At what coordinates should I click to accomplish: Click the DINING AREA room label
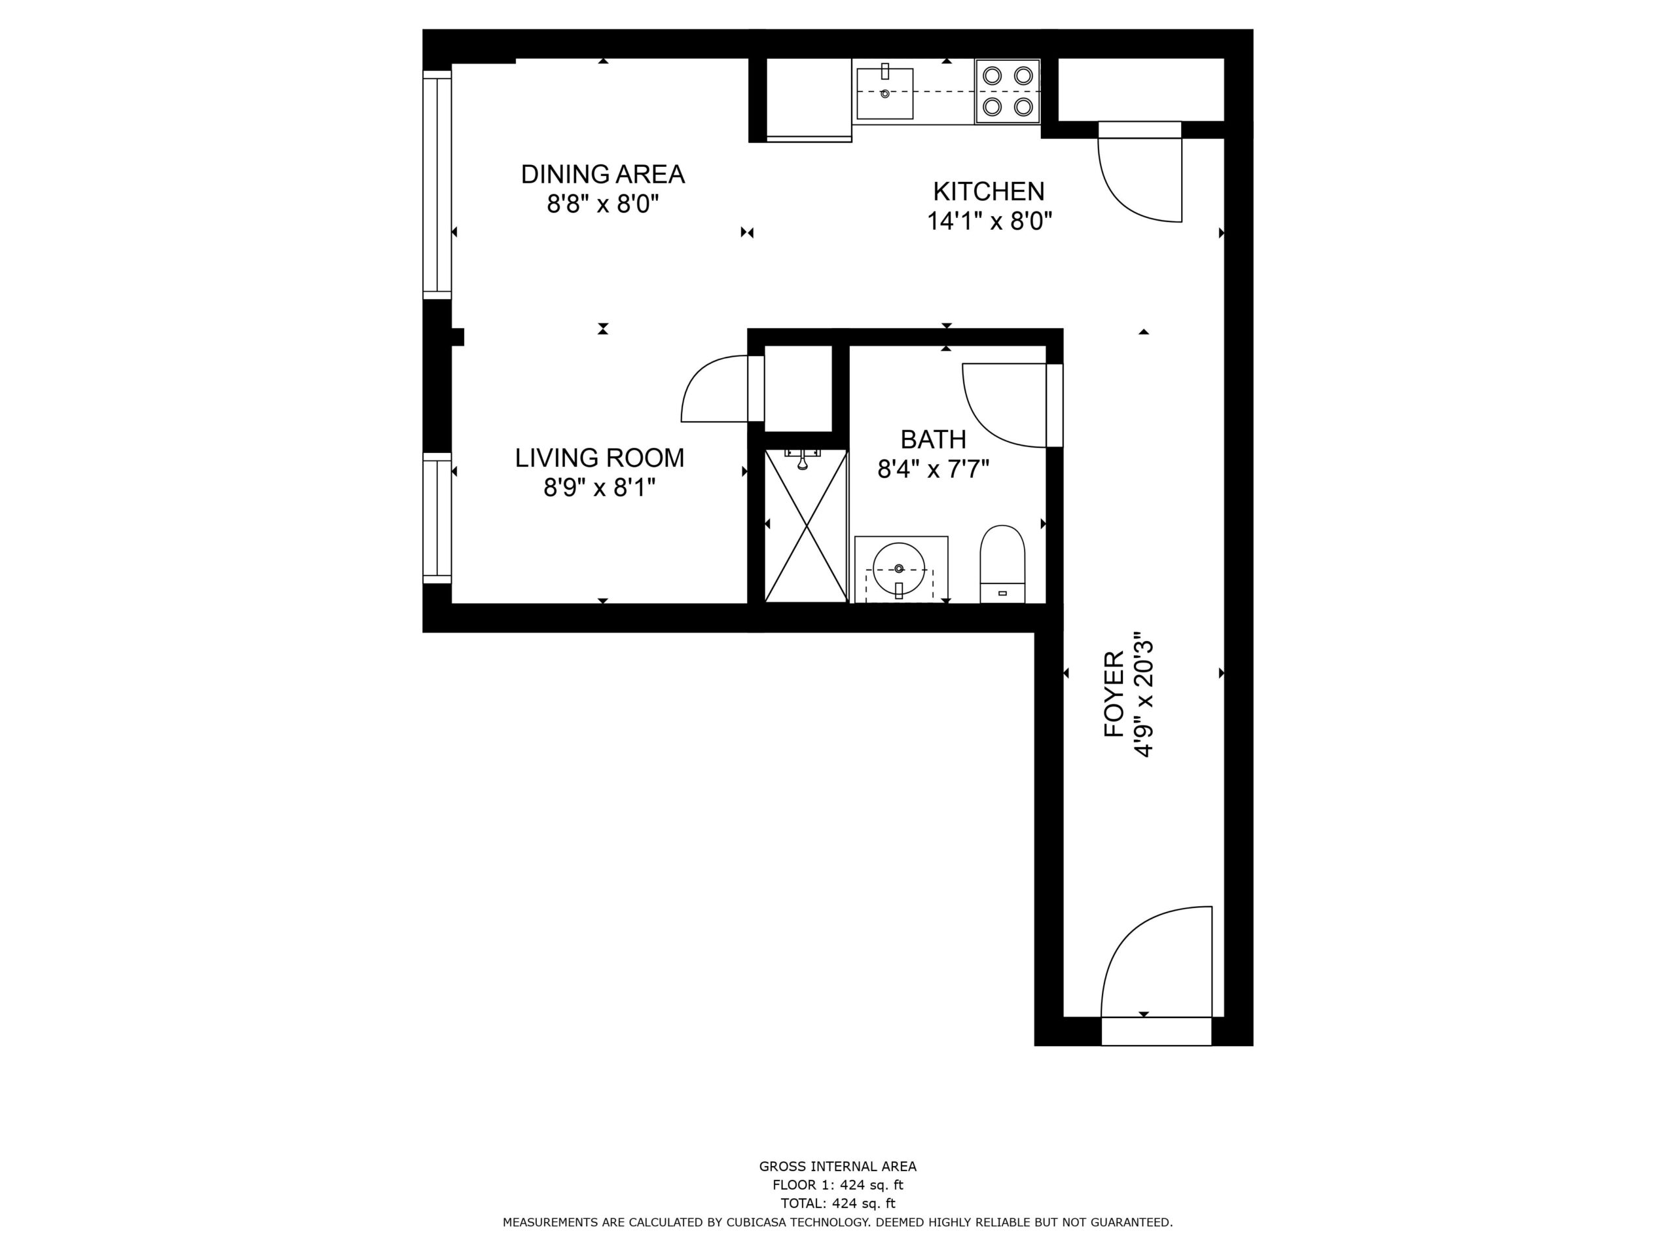tap(602, 174)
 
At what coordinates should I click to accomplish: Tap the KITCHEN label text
tap(989, 191)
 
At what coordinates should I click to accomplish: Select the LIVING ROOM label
tap(599, 458)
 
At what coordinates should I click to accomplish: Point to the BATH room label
tap(934, 439)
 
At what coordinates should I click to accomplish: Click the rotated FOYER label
tap(1114, 694)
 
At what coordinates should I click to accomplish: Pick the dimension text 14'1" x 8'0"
tap(989, 221)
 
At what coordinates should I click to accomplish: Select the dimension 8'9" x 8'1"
tap(599, 488)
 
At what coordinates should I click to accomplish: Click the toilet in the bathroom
tap(1002, 564)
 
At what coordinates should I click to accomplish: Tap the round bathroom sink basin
tap(899, 568)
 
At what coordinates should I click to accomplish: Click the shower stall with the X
tap(805, 526)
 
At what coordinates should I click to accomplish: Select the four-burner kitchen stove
tap(1007, 91)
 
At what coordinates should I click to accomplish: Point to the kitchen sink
tap(885, 93)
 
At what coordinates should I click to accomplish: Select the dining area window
tap(437, 185)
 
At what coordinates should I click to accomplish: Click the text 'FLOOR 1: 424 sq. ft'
tap(838, 1185)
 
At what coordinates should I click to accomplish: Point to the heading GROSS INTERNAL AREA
tap(838, 1167)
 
